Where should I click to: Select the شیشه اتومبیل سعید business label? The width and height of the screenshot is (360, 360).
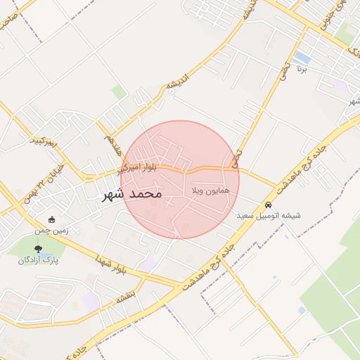[269, 215]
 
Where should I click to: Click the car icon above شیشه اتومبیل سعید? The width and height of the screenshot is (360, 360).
[268, 205]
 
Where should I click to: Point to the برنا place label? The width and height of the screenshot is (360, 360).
[303, 70]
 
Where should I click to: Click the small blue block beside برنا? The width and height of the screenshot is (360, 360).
[303, 57]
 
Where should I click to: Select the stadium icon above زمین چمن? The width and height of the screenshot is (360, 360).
[51, 219]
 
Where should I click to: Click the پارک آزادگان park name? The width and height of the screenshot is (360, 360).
[38, 259]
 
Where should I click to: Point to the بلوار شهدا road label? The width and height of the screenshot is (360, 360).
[112, 264]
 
